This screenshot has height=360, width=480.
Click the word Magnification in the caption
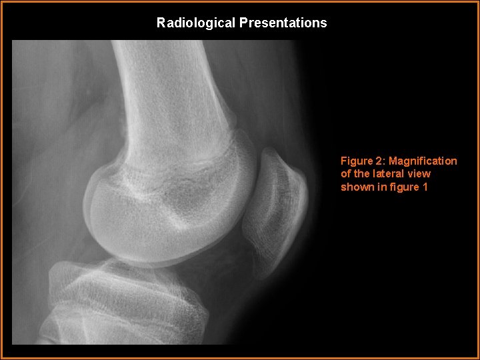[423, 161]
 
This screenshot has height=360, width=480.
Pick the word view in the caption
[419, 174]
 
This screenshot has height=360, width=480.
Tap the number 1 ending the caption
[425, 187]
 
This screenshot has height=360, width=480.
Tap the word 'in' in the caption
[381, 187]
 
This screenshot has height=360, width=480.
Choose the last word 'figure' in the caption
[404, 187]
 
